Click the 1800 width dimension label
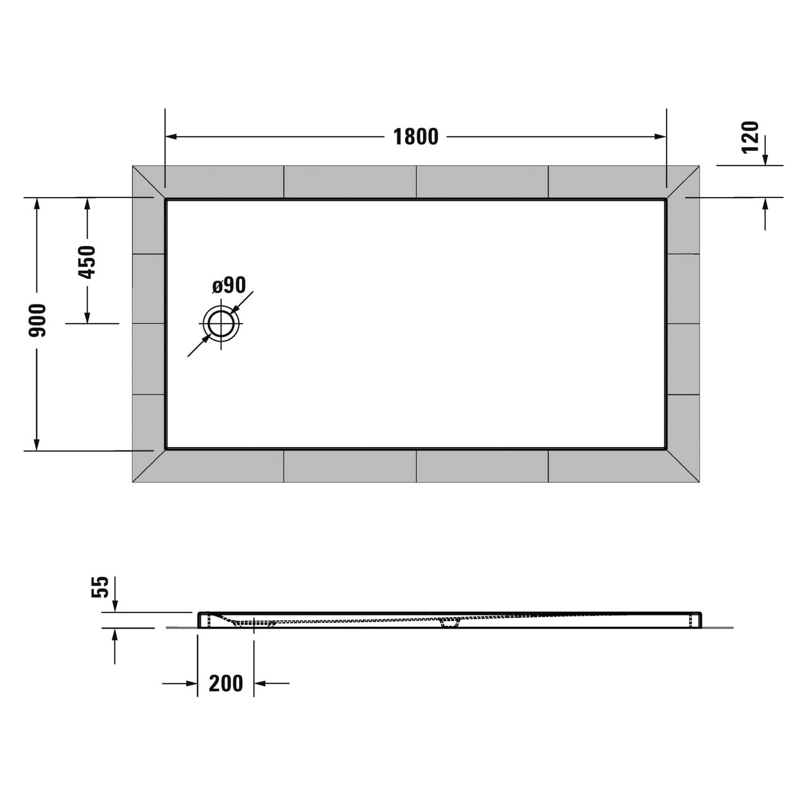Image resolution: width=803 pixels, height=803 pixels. [416, 137]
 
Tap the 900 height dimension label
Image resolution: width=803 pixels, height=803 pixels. [38, 320]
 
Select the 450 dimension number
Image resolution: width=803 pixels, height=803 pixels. [87, 262]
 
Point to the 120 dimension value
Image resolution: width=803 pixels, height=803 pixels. [751, 137]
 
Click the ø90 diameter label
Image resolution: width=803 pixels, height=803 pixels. [229, 285]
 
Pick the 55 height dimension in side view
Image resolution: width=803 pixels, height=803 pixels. [101, 587]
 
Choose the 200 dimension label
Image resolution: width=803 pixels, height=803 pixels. [226, 684]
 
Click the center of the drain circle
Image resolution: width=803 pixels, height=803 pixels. [221, 324]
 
